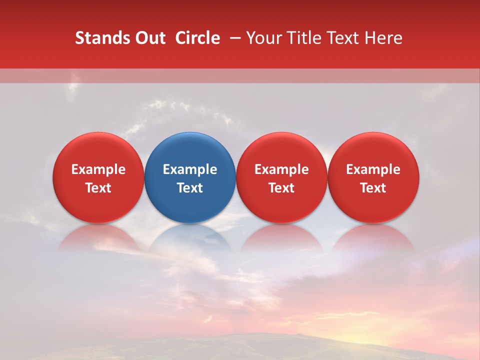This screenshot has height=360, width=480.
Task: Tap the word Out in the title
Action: point(148,38)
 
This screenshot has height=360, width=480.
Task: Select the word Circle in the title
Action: point(197,38)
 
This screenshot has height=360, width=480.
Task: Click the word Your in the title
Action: point(262,38)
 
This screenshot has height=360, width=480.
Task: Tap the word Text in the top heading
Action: point(340,38)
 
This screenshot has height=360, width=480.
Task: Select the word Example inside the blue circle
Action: point(190,169)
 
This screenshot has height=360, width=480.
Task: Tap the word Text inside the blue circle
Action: point(190,188)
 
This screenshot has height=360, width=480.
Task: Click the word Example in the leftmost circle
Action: point(98,169)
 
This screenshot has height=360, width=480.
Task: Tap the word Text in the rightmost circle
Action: point(373,188)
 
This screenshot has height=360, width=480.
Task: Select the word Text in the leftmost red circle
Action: point(98,188)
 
